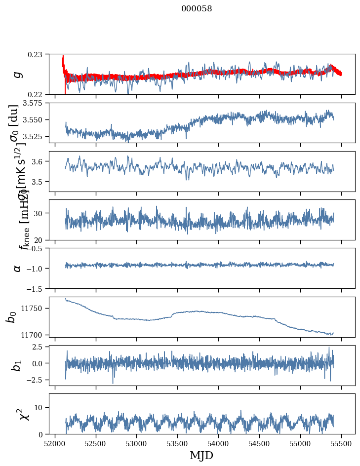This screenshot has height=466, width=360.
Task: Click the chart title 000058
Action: pos(197,8)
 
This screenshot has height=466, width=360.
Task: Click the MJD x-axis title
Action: pos(201,455)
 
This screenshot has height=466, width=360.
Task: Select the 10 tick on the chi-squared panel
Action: pos(40,407)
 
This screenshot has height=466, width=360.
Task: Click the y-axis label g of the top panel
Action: pos(18,74)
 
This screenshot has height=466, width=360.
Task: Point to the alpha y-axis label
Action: pos(18,268)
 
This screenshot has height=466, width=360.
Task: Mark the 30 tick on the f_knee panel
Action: pos(40,213)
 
